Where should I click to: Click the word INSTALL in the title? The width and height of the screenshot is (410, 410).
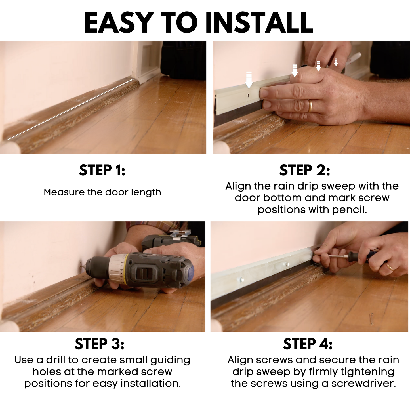[259, 22]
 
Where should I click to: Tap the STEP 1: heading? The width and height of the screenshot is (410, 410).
[102, 170]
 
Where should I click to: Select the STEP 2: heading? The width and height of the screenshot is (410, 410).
[305, 170]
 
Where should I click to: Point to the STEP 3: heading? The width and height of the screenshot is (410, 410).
[99, 344]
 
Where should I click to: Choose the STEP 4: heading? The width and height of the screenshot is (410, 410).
[308, 344]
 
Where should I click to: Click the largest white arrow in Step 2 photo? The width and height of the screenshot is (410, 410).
[249, 80]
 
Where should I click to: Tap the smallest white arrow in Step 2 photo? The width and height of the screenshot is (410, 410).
[336, 62]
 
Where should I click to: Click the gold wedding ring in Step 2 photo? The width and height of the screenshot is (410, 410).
[310, 106]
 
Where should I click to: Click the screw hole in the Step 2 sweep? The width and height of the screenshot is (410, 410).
[248, 96]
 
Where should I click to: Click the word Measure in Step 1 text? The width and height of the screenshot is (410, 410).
[64, 192]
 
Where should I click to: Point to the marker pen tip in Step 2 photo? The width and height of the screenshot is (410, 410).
[360, 54]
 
